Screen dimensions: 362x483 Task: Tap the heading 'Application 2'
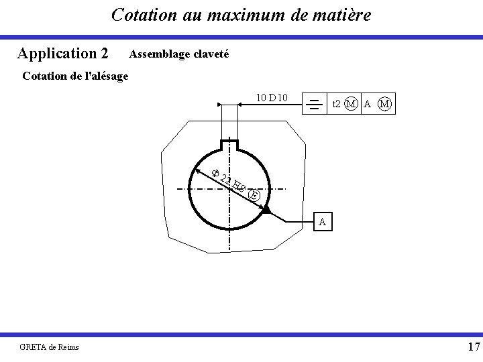pos(63,53)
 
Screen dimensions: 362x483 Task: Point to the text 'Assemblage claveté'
pos(178,53)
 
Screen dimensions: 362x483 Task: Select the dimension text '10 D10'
pos(272,98)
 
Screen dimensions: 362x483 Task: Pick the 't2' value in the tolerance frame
pos(337,103)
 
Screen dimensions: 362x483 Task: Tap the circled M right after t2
pos(350,103)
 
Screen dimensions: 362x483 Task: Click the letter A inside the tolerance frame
pos(367,103)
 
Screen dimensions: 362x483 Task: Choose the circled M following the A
pos(385,103)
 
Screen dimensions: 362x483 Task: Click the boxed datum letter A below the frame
pos(323,221)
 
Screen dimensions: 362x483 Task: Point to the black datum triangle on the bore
pos(266,210)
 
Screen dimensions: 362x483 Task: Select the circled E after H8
pos(253,195)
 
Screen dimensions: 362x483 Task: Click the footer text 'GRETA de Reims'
pos(50,346)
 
